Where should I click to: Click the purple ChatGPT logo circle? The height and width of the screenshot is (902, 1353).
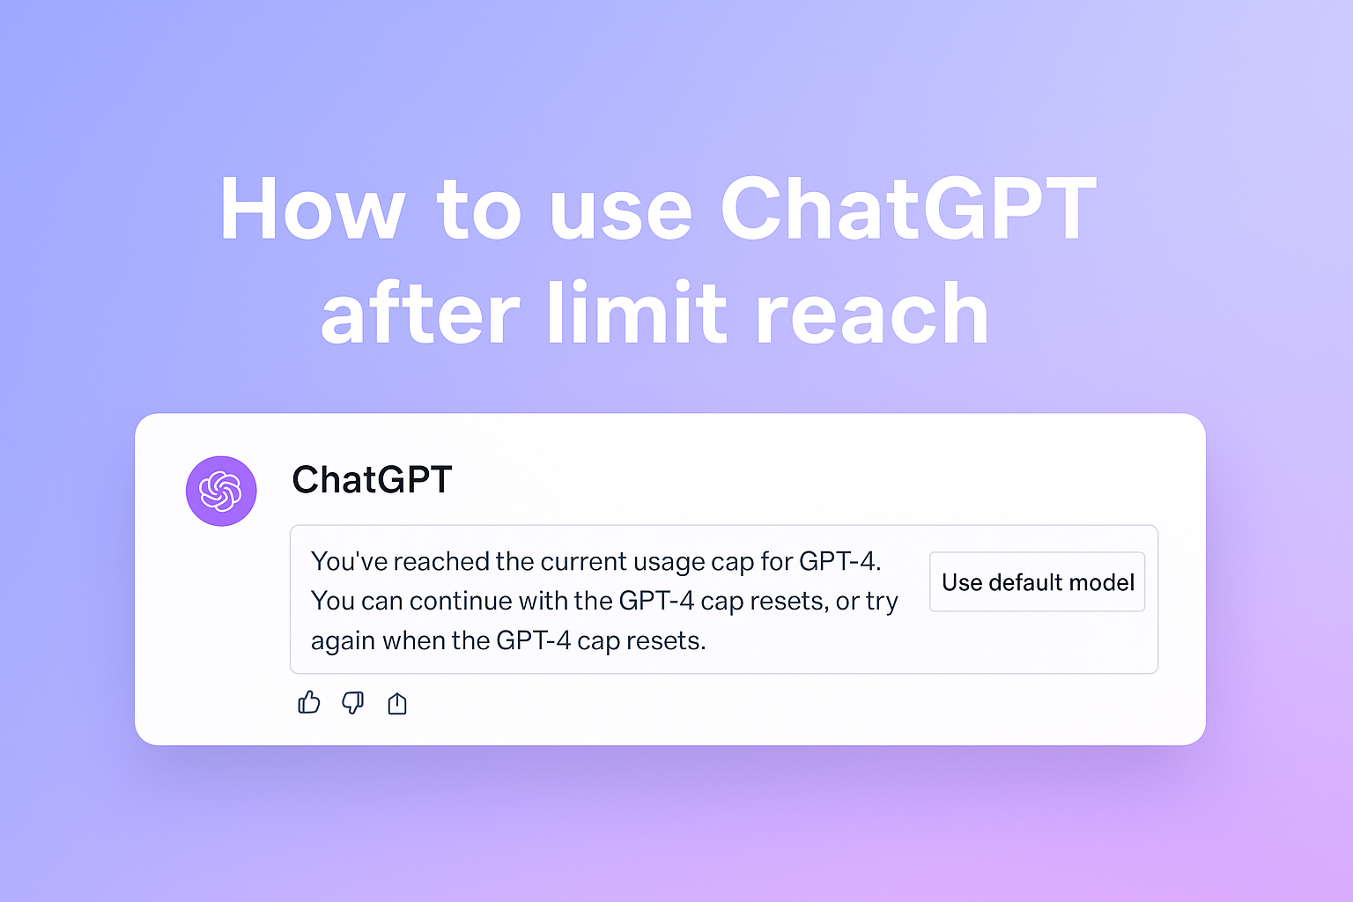tap(221, 491)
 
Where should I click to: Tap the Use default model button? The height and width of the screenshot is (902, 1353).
tap(1037, 581)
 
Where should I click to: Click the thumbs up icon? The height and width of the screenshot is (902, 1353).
tap(309, 702)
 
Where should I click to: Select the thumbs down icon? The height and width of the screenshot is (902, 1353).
tap(352, 702)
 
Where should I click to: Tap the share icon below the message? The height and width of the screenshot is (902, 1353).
tap(397, 703)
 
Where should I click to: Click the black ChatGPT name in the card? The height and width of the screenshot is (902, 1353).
tap(372, 480)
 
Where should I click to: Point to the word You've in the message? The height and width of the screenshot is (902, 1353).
tap(349, 561)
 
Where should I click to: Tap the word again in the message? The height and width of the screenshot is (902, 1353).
tap(344, 641)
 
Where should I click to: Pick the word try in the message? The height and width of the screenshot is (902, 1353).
tap(882, 602)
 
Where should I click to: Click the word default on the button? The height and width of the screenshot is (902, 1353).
tap(1025, 582)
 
